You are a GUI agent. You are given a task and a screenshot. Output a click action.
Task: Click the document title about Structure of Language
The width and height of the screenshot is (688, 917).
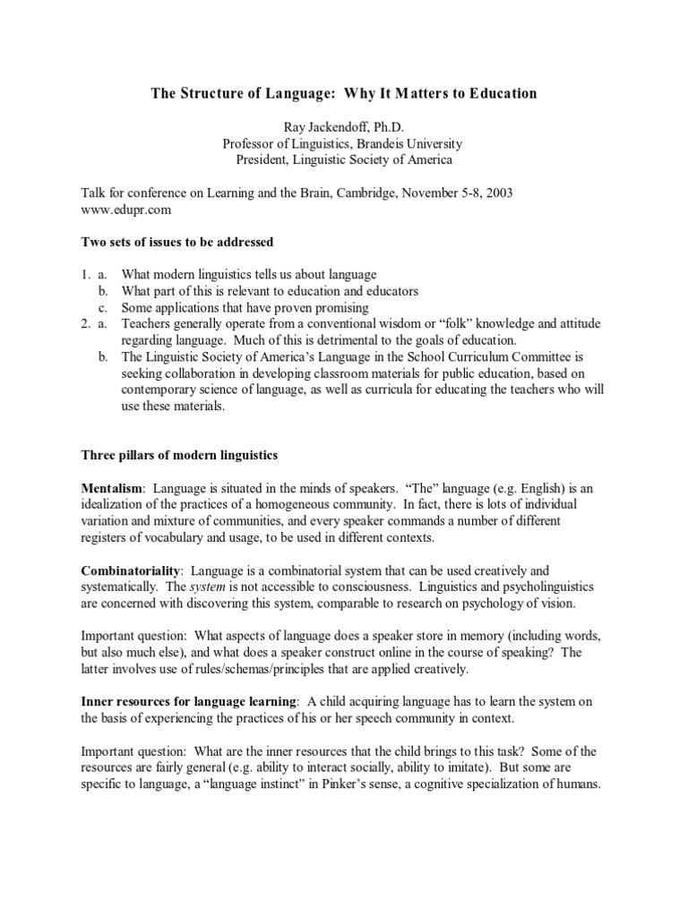pos(343,93)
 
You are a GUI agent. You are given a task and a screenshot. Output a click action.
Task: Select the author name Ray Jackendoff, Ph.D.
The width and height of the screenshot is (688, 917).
pos(344,127)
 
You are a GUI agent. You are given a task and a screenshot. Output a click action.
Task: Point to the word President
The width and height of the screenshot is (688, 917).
pos(264,160)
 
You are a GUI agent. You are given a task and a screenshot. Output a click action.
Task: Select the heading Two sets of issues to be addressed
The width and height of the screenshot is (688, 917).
pos(177,242)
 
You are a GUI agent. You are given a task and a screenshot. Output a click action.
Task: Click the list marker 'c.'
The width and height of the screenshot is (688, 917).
pos(105,307)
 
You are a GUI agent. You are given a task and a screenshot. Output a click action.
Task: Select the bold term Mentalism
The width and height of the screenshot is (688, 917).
pos(113,488)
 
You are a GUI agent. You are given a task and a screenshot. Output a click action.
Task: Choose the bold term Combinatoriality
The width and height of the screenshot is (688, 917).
pos(132,570)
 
